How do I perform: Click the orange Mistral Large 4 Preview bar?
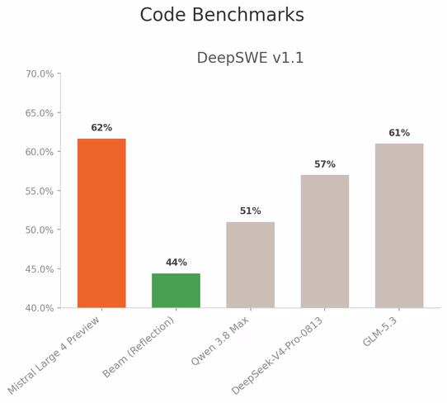point(101,223)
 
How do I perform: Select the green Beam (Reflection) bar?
point(176,291)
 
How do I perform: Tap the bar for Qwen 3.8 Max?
point(250,265)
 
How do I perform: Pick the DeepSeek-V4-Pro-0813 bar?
point(325,241)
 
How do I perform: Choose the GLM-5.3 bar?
point(399,225)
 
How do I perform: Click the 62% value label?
point(101,127)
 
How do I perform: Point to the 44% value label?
point(176,263)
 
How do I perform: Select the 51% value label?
point(250,211)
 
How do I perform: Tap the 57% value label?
point(325,164)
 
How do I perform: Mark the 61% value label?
point(399,133)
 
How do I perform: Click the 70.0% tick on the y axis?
point(40,74)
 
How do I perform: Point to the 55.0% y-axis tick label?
point(40,191)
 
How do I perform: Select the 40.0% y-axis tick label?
point(40,308)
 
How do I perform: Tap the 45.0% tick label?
point(40,269)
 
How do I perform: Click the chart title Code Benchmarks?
point(222,15)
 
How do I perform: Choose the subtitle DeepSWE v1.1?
point(250,58)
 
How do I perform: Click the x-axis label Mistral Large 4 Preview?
point(54,356)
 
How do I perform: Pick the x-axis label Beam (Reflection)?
point(139,347)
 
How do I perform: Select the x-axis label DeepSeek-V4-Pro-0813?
point(277,356)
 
